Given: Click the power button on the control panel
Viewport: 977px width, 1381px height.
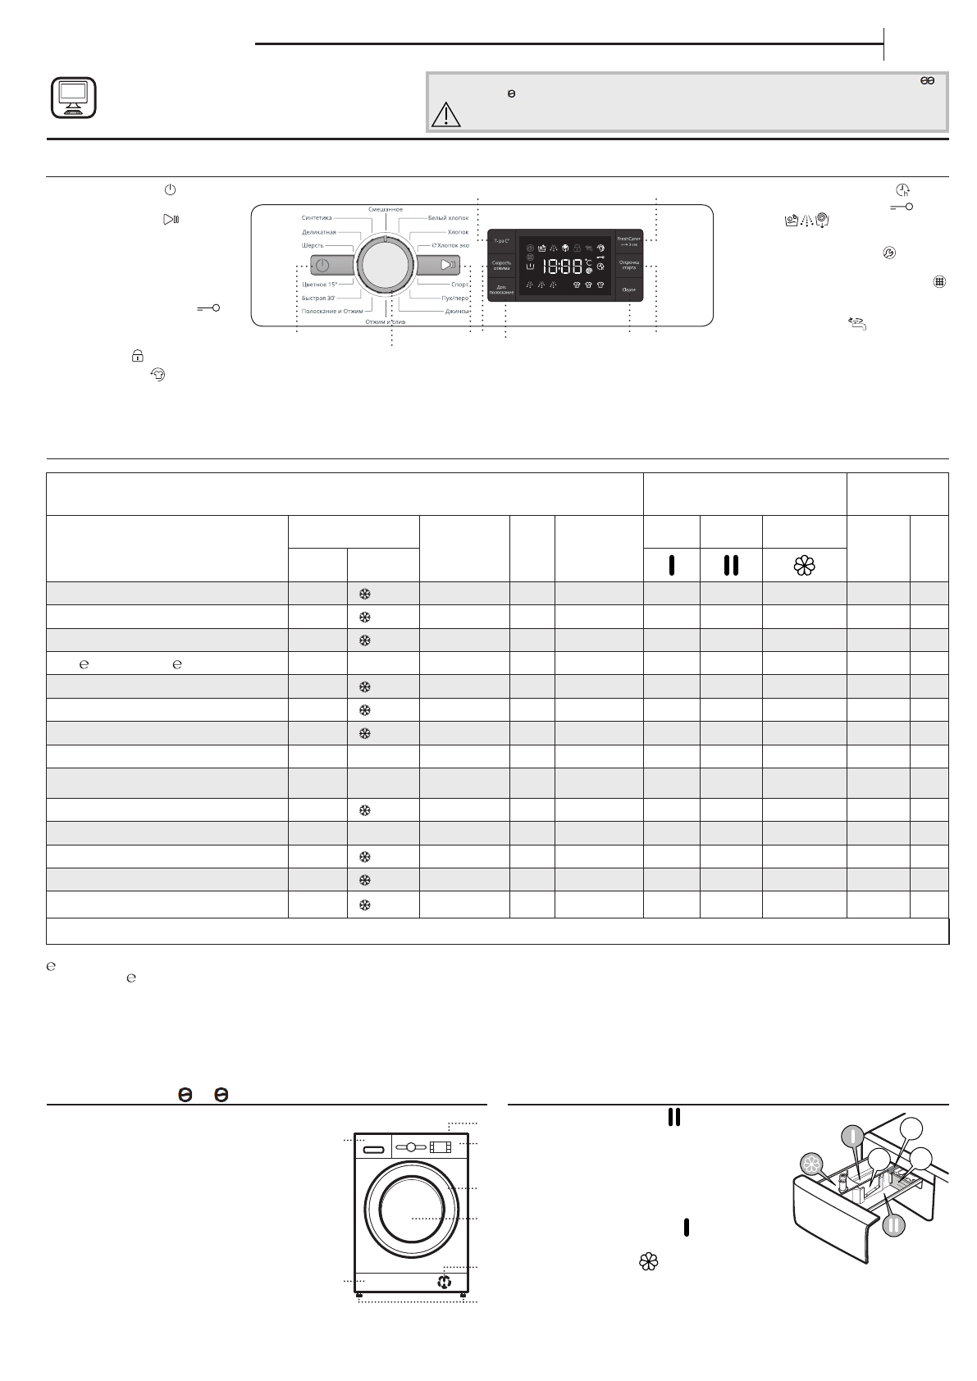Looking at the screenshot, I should (322, 266).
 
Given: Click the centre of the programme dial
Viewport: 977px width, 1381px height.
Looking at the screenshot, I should (385, 266).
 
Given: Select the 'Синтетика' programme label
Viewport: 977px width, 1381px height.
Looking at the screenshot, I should (317, 218).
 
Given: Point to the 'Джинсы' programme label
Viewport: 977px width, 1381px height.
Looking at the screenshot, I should (457, 312).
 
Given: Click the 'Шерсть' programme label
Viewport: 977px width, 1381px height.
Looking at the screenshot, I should (313, 245).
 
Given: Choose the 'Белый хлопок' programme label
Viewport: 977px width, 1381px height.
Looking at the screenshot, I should (448, 218).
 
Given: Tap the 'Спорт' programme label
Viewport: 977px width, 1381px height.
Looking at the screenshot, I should (459, 285).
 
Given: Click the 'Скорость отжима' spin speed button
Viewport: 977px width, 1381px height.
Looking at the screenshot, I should (501, 265).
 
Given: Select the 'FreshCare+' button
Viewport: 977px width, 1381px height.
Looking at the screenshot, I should (629, 241).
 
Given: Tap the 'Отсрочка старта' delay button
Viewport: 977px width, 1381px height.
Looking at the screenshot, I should (629, 265).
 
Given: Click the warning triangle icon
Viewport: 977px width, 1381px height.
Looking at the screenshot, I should (446, 113).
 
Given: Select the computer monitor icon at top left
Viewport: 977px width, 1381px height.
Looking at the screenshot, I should (73, 97).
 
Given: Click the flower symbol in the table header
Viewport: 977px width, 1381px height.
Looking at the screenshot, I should (804, 565).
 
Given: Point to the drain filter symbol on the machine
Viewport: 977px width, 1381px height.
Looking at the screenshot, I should (445, 1282).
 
